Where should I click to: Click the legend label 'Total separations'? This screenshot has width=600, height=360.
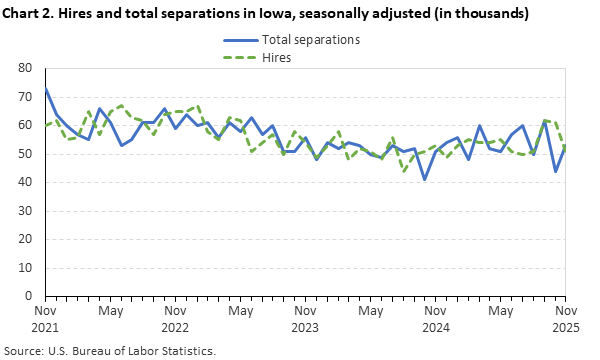coord(310,40)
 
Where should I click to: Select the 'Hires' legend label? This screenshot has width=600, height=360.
coord(276,58)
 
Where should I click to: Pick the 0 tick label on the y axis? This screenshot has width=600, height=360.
coord(30,297)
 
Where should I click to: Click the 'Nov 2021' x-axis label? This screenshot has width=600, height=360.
coord(45,319)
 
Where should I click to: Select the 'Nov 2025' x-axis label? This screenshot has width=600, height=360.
coord(565,319)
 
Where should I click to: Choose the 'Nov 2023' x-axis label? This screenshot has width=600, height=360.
coord(305,319)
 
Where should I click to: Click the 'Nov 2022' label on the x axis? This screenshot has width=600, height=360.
coord(175,319)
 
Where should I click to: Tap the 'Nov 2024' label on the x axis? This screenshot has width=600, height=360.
coord(435,319)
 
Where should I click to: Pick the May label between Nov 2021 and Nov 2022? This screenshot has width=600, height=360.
coord(110,312)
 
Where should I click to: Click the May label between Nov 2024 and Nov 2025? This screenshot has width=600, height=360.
coord(500,312)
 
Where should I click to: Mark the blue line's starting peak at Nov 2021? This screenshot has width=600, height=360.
coord(46,89)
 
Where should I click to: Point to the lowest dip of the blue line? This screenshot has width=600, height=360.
coord(425,179)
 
